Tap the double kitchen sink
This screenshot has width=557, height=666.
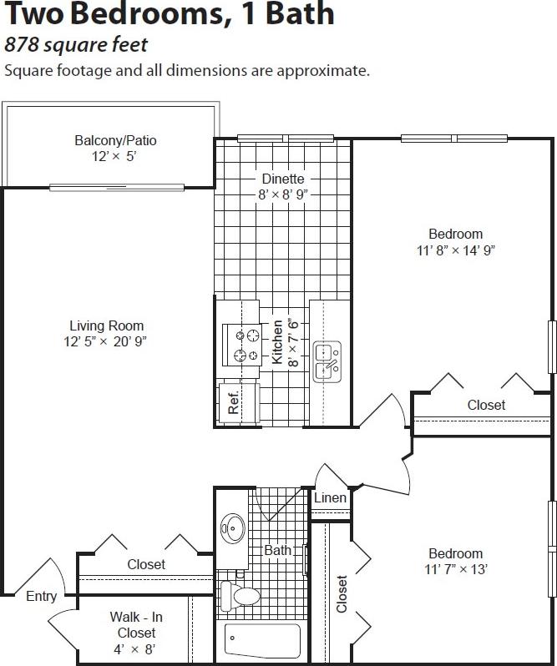point(327,361)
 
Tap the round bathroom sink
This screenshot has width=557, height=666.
point(232,528)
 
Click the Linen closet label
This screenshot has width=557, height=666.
point(330,498)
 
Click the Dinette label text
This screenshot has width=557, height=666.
point(282,179)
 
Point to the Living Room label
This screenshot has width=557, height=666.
point(106,325)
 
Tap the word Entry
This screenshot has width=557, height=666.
point(42,596)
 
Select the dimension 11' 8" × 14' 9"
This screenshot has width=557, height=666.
point(456,250)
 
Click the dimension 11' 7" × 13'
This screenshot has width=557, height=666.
point(455,569)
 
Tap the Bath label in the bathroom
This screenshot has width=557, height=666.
point(277,550)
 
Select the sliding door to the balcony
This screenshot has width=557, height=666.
point(116,187)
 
